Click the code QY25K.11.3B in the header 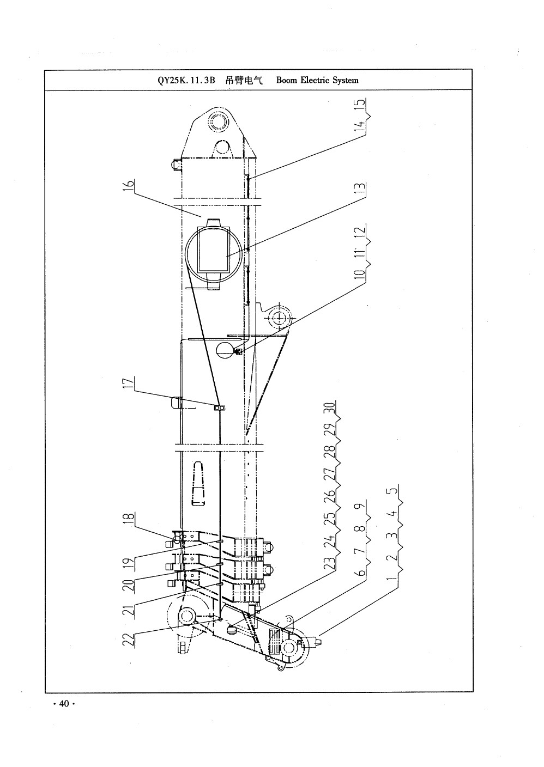tap(186, 81)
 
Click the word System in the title tap(346, 81)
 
